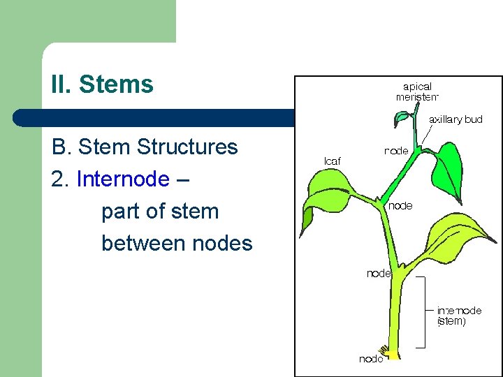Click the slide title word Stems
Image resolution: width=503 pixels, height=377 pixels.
(116, 84)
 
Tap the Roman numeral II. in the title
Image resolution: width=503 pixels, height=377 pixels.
(61, 84)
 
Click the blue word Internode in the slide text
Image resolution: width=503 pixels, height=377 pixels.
(123, 179)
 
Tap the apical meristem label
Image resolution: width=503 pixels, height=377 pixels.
(417, 92)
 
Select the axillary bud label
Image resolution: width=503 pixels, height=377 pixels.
(455, 119)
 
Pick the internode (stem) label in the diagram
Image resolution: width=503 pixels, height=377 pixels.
(458, 316)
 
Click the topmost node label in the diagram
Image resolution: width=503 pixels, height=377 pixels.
(396, 150)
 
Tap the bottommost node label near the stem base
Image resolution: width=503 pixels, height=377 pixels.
(371, 359)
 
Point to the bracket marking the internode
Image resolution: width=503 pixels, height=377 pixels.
(423, 311)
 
